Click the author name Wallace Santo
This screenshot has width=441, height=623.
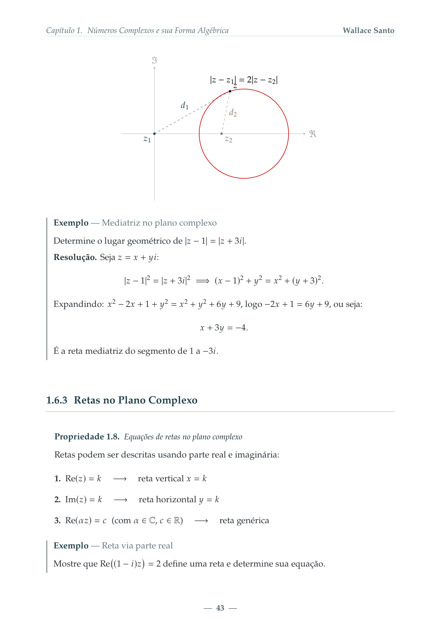tap(368, 31)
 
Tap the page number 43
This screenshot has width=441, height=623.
tap(220, 608)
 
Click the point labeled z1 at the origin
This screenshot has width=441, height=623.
tap(154, 134)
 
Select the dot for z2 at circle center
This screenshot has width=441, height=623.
tap(222, 134)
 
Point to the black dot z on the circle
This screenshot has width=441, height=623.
tap(230, 91)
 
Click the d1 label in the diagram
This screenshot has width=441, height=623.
tap(184, 105)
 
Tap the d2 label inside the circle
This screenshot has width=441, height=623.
tap(233, 113)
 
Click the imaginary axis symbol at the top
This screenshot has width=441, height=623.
tap(154, 60)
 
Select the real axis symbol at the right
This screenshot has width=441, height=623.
tap(313, 134)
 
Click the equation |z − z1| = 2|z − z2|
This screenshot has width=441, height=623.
tap(244, 80)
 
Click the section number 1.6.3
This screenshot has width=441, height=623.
tap(57, 400)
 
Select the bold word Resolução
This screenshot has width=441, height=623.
tap(75, 257)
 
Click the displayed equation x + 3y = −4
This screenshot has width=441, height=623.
tap(224, 327)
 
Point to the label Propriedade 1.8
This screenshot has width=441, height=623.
tap(87, 437)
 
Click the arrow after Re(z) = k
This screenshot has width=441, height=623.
tap(120, 479)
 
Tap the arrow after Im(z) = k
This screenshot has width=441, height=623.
tap(120, 500)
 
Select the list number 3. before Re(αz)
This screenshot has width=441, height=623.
tap(57, 521)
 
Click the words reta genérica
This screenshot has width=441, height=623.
tap(244, 521)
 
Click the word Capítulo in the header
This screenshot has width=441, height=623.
tap(60, 31)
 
